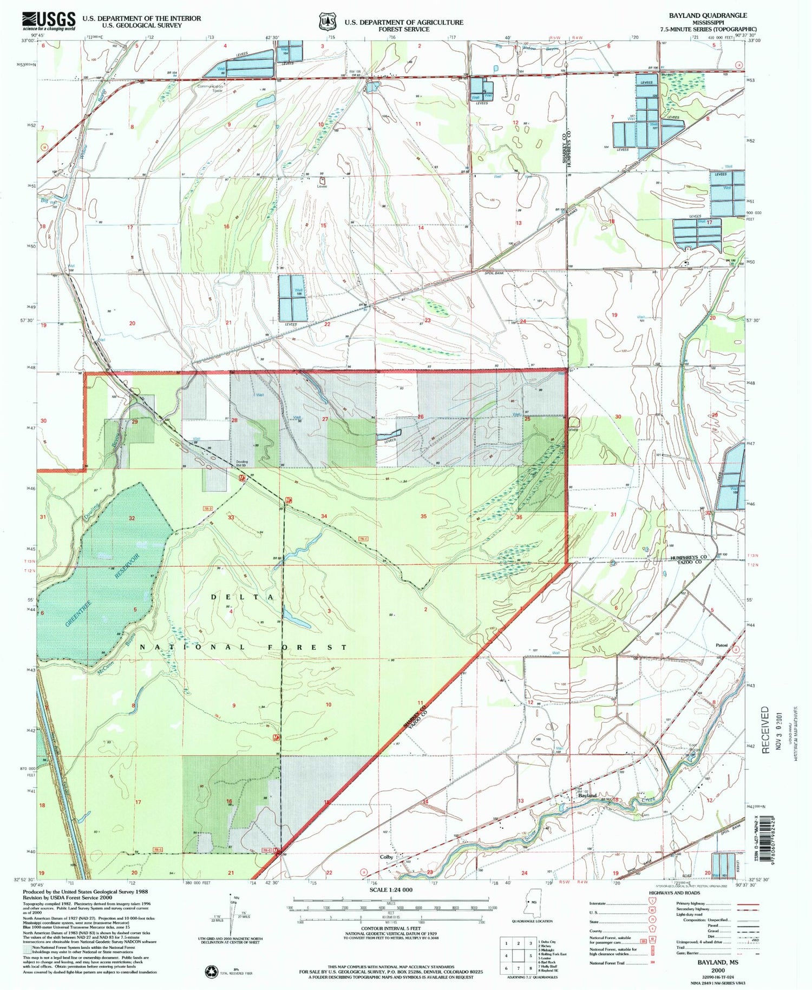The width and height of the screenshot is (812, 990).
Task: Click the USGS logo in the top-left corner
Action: click(x=49, y=21)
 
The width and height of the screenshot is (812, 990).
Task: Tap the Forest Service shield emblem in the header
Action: click(x=326, y=22)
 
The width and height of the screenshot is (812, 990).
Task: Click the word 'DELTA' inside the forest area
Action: click(x=243, y=597)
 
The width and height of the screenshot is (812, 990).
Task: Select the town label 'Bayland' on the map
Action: click(x=587, y=796)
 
